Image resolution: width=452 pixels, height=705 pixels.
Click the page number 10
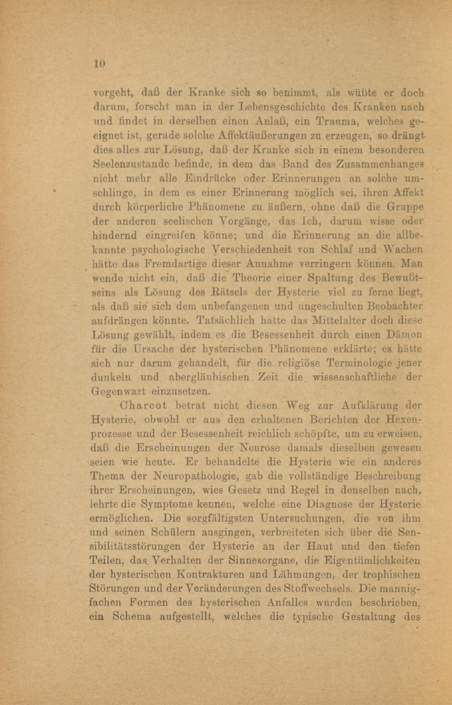pyautogui.click(x=99, y=64)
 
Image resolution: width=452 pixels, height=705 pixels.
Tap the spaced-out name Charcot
pyautogui.click(x=144, y=406)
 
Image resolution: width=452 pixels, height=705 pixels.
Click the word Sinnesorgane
pyautogui.click(x=262, y=561)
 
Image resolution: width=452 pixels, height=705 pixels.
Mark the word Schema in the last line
pyautogui.click(x=132, y=617)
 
